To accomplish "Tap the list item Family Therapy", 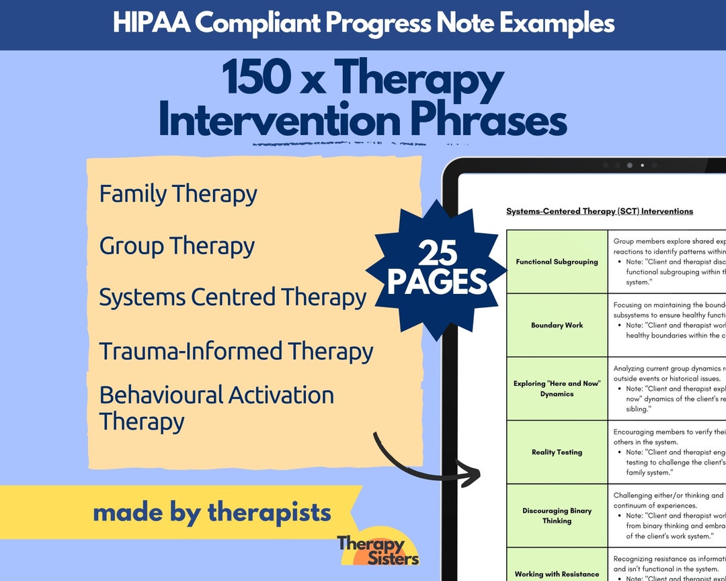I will coord(178,194).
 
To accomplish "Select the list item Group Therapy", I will coord(177,245).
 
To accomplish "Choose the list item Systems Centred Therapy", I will coord(233,297).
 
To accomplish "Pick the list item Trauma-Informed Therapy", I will coord(236,351).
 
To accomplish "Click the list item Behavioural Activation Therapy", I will coord(216,408).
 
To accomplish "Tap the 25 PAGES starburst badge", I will coord(437,269).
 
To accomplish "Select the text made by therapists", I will coord(212,512).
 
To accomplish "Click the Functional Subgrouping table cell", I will coord(557,262).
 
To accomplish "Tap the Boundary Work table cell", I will coord(557,325).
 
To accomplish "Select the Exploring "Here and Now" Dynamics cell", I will coord(557,389).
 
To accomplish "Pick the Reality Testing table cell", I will coord(557,452).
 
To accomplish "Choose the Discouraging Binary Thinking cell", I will coord(557,516).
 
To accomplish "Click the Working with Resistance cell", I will coord(557,574).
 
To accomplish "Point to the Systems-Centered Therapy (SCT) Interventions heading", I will coord(599,211).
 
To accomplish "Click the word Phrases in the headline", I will coord(489,121).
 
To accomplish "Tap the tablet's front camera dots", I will coord(629,165).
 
